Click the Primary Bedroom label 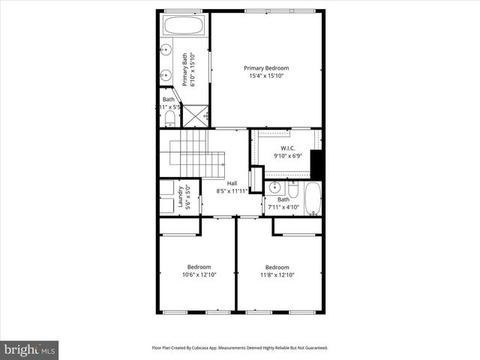tap(266, 68)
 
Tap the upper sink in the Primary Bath tap(166, 51)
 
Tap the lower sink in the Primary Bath tap(166, 75)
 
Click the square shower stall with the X tap(196, 115)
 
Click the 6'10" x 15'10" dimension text tap(192, 70)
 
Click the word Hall tap(232, 183)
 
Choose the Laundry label tap(181, 196)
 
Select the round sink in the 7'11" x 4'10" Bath tap(275, 187)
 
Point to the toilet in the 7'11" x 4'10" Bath tap(294, 190)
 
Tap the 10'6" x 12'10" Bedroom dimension tap(199, 274)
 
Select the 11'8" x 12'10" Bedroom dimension tap(277, 274)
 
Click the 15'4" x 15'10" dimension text tap(266, 76)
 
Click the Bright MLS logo tap(29, 349)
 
